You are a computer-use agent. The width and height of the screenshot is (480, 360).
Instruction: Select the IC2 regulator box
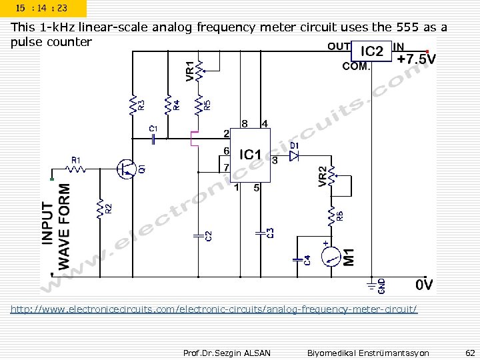point(372,51)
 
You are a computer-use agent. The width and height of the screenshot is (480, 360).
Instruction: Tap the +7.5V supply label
point(417,59)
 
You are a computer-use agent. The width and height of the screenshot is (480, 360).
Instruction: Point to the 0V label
point(424,285)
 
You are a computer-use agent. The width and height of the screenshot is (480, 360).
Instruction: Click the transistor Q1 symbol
point(125,169)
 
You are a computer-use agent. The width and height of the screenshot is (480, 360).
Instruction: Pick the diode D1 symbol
point(295,155)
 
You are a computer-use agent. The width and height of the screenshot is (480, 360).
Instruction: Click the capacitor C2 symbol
point(198,235)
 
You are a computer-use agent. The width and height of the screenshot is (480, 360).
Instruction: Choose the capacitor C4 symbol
point(297,257)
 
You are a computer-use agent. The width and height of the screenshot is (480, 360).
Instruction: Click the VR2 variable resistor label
point(322,177)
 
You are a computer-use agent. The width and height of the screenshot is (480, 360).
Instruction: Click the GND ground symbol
point(371,284)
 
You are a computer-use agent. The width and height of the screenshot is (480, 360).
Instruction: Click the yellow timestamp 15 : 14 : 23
point(43,9)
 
